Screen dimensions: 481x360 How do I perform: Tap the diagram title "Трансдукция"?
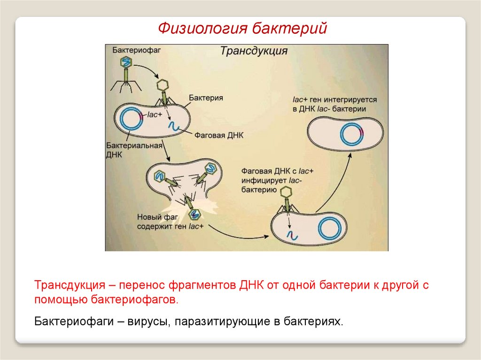(x=254, y=51)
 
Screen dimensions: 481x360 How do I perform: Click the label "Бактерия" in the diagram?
(x=206, y=98)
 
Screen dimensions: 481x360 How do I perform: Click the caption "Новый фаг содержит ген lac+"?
(x=171, y=222)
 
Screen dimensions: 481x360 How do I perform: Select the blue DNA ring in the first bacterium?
(x=130, y=119)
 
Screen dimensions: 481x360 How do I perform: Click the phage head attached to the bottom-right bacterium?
(x=285, y=192)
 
